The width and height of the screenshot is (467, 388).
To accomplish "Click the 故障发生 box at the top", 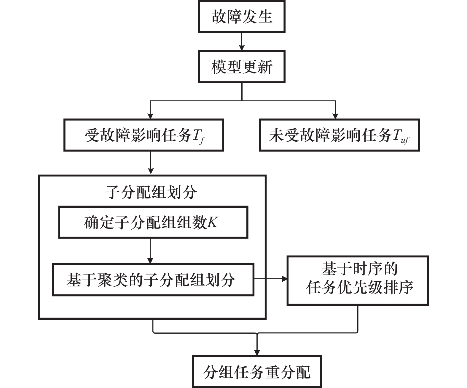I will [x=242, y=17].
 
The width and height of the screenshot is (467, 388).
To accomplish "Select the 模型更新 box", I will [x=242, y=67].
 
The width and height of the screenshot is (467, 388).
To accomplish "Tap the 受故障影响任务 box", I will [x=144, y=135].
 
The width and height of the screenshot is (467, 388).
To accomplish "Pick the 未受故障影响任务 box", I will [x=339, y=135].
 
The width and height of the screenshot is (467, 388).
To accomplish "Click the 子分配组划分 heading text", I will [x=151, y=192].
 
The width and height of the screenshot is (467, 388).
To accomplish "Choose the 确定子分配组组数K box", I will [x=153, y=223].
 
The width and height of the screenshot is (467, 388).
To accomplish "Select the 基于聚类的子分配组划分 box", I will [x=153, y=280].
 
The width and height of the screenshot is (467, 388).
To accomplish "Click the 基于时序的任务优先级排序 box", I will [x=358, y=280].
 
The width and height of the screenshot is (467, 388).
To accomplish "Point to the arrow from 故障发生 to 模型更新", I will [x=242, y=42].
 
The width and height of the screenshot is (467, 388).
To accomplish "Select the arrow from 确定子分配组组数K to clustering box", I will [x=150, y=251].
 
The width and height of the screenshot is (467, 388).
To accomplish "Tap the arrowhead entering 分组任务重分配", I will [x=257, y=352].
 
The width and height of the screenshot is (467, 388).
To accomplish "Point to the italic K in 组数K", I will [x=212, y=222].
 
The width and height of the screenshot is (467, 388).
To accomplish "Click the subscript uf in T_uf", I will [x=404, y=140].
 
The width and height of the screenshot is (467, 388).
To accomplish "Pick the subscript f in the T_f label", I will [x=202, y=140].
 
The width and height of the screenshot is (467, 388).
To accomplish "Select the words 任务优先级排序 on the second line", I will [x=360, y=288].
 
